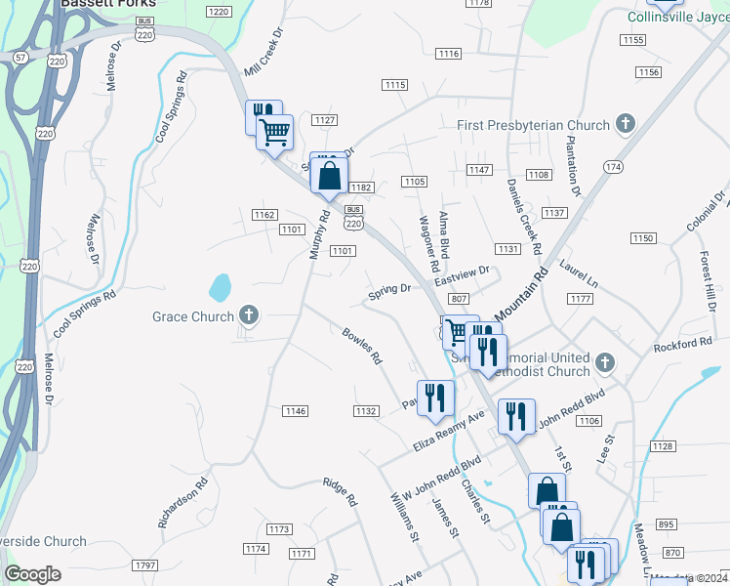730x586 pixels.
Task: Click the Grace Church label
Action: point(193,316)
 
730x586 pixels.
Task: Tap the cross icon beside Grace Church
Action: point(249,315)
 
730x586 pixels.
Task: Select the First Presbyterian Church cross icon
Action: point(626,124)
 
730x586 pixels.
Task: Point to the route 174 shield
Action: point(613,168)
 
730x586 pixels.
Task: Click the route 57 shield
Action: point(20,59)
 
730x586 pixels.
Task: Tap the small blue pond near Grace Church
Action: point(221,287)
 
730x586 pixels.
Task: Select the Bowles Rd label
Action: point(361,347)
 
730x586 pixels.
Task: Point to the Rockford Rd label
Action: point(683,344)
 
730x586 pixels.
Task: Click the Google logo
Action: point(32,574)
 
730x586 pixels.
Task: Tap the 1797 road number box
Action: point(145,565)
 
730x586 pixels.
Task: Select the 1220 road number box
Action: point(219,12)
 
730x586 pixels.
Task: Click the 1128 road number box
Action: point(663,446)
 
